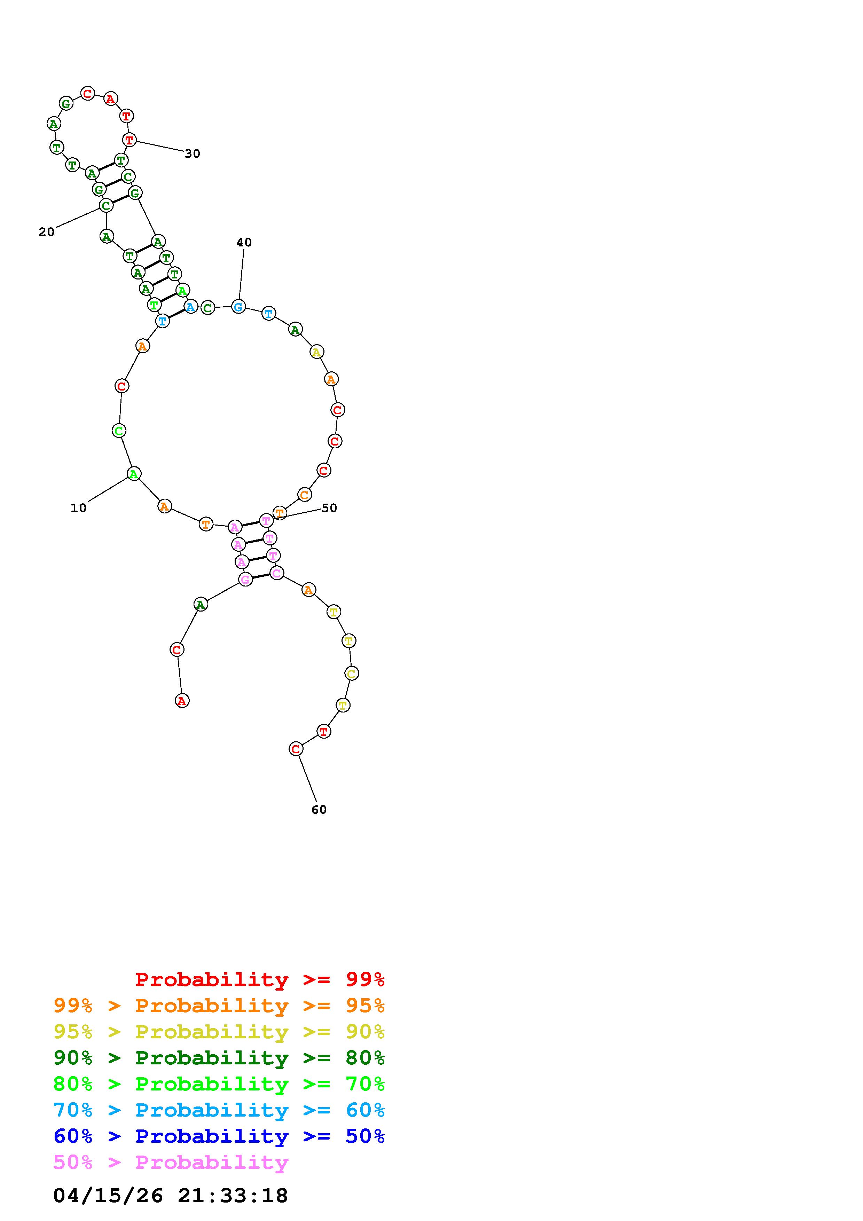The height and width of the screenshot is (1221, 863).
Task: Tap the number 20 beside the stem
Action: [47, 232]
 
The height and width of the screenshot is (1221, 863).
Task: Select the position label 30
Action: [193, 154]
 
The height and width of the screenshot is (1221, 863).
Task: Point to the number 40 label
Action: [244, 243]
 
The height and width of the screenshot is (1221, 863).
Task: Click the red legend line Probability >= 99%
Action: [260, 979]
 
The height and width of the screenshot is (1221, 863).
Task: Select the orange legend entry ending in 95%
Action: [219, 1006]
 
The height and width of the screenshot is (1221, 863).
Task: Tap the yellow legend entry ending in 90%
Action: [219, 1032]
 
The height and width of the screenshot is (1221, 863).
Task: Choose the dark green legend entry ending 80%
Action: [219, 1058]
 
